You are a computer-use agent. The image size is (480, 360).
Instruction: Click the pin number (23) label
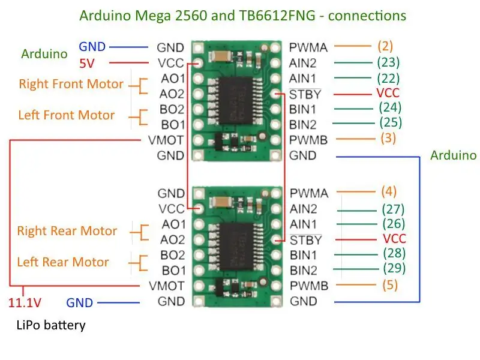388,62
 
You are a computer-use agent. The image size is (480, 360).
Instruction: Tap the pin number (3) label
388,138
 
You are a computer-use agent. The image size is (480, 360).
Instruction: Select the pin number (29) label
394,268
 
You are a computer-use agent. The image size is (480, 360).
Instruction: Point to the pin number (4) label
389,191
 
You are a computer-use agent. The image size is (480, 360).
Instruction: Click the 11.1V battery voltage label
25,303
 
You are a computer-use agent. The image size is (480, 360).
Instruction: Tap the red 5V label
87,64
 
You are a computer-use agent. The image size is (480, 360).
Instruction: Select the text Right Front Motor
71,84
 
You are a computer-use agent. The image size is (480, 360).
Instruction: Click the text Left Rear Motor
63,262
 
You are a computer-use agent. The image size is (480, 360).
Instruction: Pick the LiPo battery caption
51,325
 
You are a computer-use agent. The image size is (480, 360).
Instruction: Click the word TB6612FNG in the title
277,16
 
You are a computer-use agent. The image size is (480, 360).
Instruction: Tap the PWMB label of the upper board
308,140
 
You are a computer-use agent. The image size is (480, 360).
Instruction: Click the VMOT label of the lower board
166,286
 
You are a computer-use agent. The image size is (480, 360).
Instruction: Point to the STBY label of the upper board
305,94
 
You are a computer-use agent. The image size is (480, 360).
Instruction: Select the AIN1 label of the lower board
303,224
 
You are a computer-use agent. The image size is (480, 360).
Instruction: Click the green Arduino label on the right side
454,155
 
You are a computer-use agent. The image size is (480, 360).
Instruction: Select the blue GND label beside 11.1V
80,303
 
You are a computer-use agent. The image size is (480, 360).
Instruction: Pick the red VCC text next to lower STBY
394,238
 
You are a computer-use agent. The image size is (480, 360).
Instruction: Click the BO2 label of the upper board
172,109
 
